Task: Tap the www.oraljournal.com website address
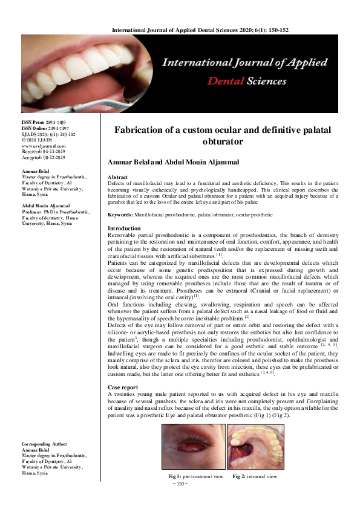tap(44, 145)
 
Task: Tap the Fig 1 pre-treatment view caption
tap(195, 476)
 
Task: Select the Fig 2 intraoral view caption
tap(260, 476)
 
